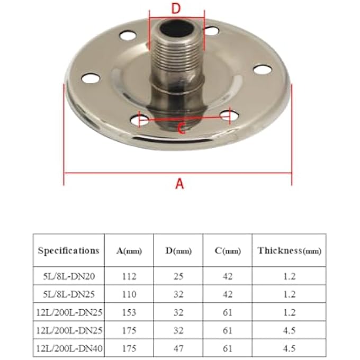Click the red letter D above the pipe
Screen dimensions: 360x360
tap(176, 8)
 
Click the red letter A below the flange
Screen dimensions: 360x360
tap(179, 184)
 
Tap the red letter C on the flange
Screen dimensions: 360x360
tap(182, 128)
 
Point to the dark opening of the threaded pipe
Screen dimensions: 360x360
tap(176, 29)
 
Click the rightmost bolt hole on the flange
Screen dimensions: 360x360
tap(263, 69)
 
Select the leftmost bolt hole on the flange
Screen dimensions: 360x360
tap(91, 78)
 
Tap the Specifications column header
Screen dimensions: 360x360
tap(69, 250)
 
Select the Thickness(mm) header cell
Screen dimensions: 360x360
tap(289, 251)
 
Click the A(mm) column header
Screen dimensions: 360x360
tap(129, 251)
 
